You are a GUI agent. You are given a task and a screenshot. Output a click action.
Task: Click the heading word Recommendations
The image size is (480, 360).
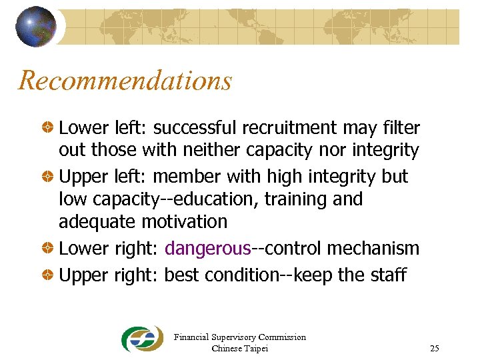(125, 81)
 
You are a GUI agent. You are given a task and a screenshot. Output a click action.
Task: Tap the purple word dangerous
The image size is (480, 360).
(207, 249)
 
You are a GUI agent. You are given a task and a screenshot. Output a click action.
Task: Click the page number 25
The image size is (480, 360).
(435, 348)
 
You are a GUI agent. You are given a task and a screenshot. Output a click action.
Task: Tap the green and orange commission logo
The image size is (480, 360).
(142, 339)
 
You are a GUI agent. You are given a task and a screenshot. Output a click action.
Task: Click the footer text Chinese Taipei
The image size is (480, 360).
(239, 348)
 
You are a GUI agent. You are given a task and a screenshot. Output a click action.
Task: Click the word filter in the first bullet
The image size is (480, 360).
(400, 127)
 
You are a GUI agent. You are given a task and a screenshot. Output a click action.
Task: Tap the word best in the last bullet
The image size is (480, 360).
(180, 275)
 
